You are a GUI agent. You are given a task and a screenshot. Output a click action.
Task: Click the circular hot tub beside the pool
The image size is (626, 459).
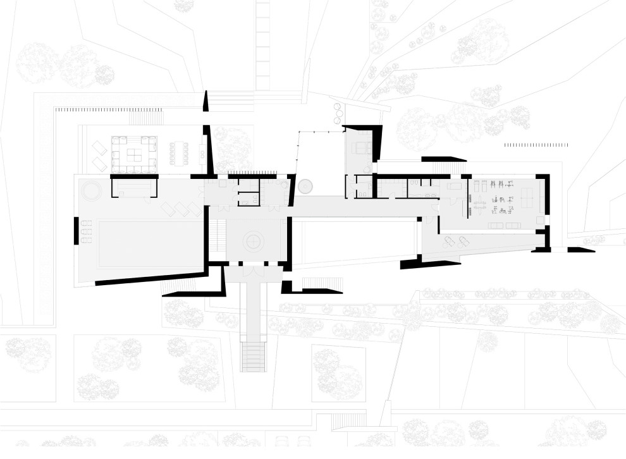[x=88, y=190]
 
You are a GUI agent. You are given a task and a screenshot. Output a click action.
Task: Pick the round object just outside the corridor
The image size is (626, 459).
[x=306, y=186]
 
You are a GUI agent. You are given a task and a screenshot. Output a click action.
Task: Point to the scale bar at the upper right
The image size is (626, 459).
[x=536, y=145]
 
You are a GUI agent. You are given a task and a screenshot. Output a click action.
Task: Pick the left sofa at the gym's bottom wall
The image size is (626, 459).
[x=496, y=225]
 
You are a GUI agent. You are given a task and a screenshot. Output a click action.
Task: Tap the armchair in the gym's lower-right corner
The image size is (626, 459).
[x=539, y=221]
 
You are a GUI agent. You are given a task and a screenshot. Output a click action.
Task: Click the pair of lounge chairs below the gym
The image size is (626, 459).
[x=456, y=241]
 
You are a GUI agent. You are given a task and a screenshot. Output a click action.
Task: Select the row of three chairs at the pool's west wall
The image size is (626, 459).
[x=86, y=232]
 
